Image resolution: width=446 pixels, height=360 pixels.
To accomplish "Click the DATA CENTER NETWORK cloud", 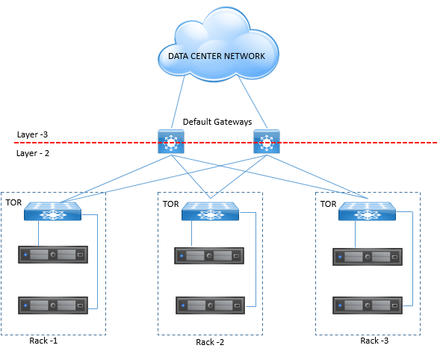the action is pyautogui.click(x=218, y=46).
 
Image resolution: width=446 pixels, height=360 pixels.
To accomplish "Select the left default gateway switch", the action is pyautogui.click(x=171, y=142).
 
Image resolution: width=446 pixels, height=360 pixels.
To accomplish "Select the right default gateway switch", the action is pyautogui.click(x=267, y=142).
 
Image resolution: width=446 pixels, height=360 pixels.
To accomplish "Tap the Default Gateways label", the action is pyautogui.click(x=217, y=122).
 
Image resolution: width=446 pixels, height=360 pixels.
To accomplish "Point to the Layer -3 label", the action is pyautogui.click(x=32, y=134).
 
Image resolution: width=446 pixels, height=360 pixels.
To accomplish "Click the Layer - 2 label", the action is pyautogui.click(x=33, y=153).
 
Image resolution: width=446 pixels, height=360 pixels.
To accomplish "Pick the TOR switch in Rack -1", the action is pyautogui.click(x=52, y=211).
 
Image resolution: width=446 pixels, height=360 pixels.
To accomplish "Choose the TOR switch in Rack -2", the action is pyautogui.click(x=210, y=211).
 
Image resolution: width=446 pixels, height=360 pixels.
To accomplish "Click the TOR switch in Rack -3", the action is pyautogui.click(x=368, y=211).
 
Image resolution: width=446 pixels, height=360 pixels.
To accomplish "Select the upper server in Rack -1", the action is pyautogui.click(x=53, y=255).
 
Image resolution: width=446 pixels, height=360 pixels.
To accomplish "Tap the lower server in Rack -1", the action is pyautogui.click(x=53, y=305).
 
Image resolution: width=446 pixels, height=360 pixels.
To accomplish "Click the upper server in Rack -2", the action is pyautogui.click(x=209, y=256).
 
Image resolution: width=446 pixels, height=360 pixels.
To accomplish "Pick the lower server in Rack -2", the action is pyautogui.click(x=210, y=305).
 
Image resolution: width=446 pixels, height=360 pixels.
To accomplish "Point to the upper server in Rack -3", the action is pyautogui.click(x=368, y=257).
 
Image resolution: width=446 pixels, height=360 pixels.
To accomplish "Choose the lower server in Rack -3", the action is pyautogui.click(x=368, y=305).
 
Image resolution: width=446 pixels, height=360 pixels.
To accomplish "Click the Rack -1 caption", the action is pyautogui.click(x=43, y=341).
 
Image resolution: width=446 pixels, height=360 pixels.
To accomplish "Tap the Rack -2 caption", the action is pyautogui.click(x=210, y=342).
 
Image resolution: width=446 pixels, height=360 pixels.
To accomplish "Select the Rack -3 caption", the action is pyautogui.click(x=374, y=341).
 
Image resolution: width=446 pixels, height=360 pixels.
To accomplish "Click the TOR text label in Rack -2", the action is pyautogui.click(x=170, y=204).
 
